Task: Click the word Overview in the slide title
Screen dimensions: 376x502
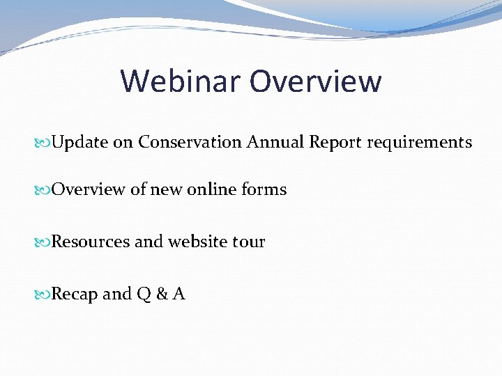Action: pos(316,81)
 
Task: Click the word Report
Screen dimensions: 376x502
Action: pos(335,143)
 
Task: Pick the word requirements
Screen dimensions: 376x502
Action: pos(419,143)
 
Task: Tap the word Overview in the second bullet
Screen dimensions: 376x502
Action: pos(89,189)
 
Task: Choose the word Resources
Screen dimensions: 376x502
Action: pos(91,242)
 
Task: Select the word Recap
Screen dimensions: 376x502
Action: pos(75,295)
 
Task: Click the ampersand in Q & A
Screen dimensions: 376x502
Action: pos(162,294)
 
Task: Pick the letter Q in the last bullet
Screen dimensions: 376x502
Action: pos(144,294)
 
